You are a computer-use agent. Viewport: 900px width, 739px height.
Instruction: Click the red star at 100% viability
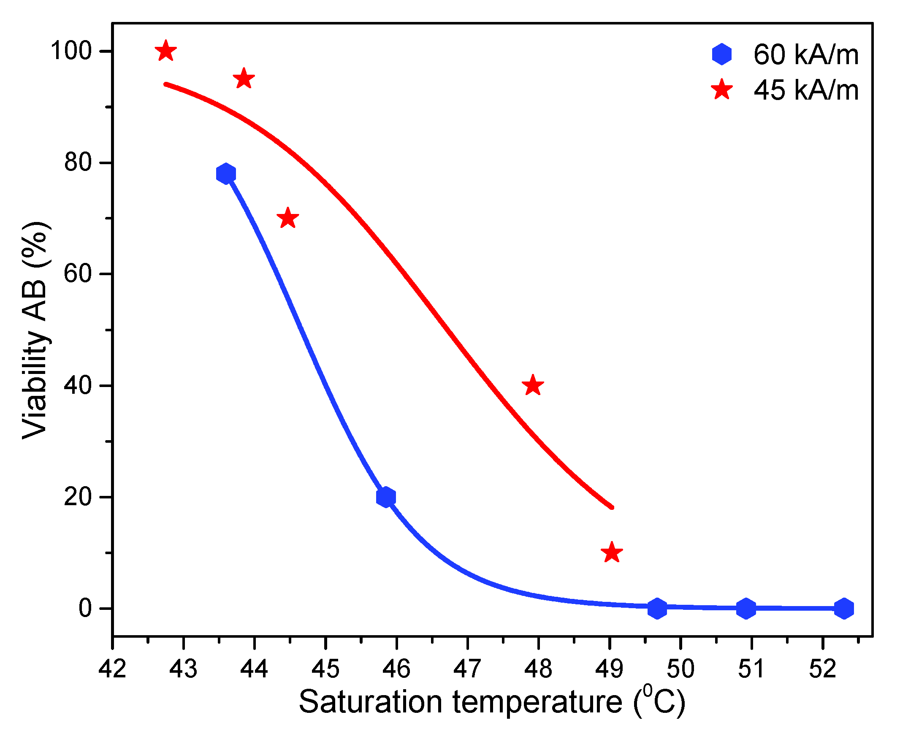(x=165, y=51)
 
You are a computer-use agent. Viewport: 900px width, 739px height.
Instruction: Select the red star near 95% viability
(x=244, y=79)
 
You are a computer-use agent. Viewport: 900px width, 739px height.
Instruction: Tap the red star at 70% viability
(x=288, y=219)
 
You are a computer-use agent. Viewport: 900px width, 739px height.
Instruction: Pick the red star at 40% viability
(x=533, y=386)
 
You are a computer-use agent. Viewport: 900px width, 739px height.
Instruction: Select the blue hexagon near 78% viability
(x=226, y=174)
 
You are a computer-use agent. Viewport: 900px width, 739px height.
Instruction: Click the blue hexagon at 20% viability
(x=386, y=497)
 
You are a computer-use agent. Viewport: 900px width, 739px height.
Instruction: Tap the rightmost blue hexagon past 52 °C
(x=844, y=609)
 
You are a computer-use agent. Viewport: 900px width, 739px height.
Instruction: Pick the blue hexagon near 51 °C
(x=746, y=609)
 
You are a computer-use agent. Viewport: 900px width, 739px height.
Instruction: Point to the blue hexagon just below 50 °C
(x=657, y=608)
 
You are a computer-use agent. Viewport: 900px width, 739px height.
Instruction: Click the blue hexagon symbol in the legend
(x=721, y=54)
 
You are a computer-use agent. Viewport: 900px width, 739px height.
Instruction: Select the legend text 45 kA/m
(x=806, y=90)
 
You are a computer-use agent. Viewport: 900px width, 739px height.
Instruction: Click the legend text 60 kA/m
(x=806, y=54)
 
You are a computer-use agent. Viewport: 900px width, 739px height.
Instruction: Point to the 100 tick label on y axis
(x=71, y=51)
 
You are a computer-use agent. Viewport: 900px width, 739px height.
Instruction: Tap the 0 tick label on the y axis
(x=85, y=609)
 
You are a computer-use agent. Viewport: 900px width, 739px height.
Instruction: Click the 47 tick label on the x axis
(x=467, y=669)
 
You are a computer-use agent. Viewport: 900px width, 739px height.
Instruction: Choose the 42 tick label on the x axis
(x=112, y=669)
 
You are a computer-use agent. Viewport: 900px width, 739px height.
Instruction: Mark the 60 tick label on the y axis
(x=78, y=274)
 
